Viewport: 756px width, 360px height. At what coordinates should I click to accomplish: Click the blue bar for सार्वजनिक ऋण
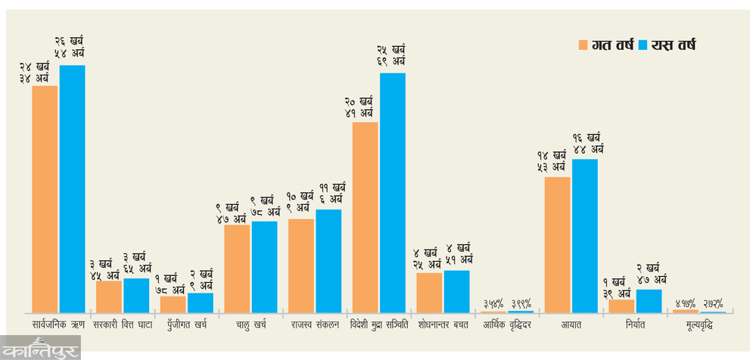73,189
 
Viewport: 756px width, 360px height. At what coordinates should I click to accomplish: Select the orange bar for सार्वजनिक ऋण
45,199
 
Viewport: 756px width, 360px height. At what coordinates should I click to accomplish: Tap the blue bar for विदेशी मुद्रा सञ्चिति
393,193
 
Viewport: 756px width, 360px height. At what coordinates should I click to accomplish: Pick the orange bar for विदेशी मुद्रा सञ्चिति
366,217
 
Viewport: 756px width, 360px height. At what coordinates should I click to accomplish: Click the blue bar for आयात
585,236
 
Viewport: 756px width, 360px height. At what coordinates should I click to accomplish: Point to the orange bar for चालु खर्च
237,268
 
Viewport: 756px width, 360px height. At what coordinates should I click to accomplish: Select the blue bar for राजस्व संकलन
328,261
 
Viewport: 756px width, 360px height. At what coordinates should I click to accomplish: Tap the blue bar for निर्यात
649,301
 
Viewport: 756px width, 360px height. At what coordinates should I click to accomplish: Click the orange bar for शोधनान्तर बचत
429,293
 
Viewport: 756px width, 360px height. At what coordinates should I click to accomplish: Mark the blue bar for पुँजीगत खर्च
201,303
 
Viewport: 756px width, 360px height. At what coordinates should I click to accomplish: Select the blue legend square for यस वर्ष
644,45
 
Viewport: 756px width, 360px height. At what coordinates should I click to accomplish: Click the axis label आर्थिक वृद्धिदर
507,324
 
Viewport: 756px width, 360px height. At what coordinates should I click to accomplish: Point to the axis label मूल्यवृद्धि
700,324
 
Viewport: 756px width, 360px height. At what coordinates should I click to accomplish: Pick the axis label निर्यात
636,324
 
